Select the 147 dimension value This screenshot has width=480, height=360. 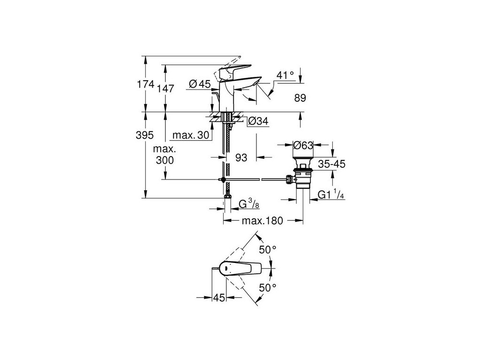pyautogui.click(x=165, y=88)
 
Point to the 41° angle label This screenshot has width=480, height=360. pyautogui.click(x=285, y=75)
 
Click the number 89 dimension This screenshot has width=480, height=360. pyautogui.click(x=300, y=98)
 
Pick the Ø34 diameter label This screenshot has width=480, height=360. pyautogui.click(x=257, y=121)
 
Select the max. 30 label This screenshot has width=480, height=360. pyautogui.click(x=190, y=135)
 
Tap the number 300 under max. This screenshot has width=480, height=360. pyautogui.click(x=165, y=160)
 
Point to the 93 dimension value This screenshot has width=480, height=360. pyautogui.click(x=241, y=158)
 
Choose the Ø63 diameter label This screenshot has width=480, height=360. pyautogui.click(x=302, y=146)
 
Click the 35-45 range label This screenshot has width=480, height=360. pyautogui.click(x=332, y=165)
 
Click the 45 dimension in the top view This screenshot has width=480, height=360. pyautogui.click(x=219, y=298)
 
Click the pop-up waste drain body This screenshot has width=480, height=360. pyautogui.click(x=302, y=177)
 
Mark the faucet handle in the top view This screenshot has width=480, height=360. pyautogui.click(x=244, y=269)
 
